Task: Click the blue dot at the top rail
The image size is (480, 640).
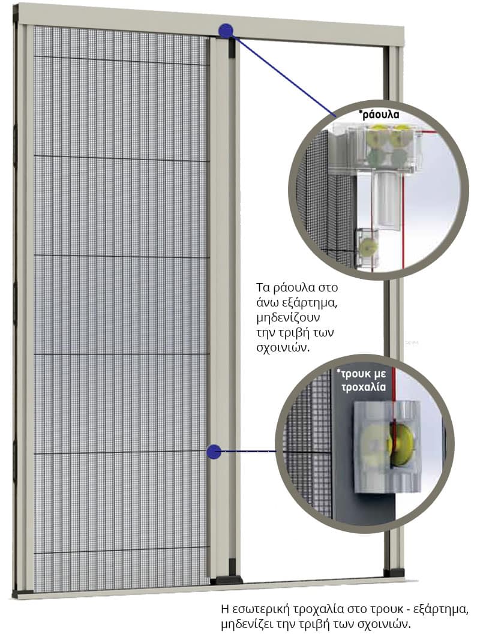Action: tap(226, 30)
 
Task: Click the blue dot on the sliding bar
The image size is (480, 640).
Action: tap(214, 452)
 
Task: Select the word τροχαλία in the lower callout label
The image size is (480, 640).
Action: tap(363, 386)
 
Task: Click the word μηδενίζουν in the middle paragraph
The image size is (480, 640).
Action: tap(288, 318)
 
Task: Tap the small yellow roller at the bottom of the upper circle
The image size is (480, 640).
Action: tap(368, 246)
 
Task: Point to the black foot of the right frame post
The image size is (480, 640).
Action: tap(393, 572)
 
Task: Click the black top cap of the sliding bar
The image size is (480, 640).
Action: tap(231, 47)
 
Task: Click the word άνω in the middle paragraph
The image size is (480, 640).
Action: tap(268, 304)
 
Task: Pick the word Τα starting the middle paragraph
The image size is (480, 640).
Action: tap(263, 287)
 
